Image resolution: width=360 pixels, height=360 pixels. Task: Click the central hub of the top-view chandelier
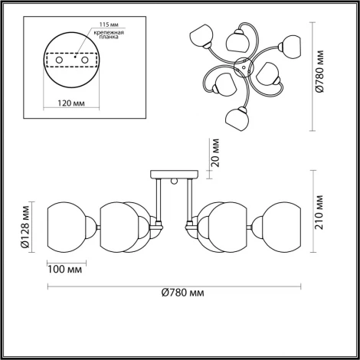coord(241,70)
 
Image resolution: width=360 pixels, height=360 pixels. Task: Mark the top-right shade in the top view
coord(291,44)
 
